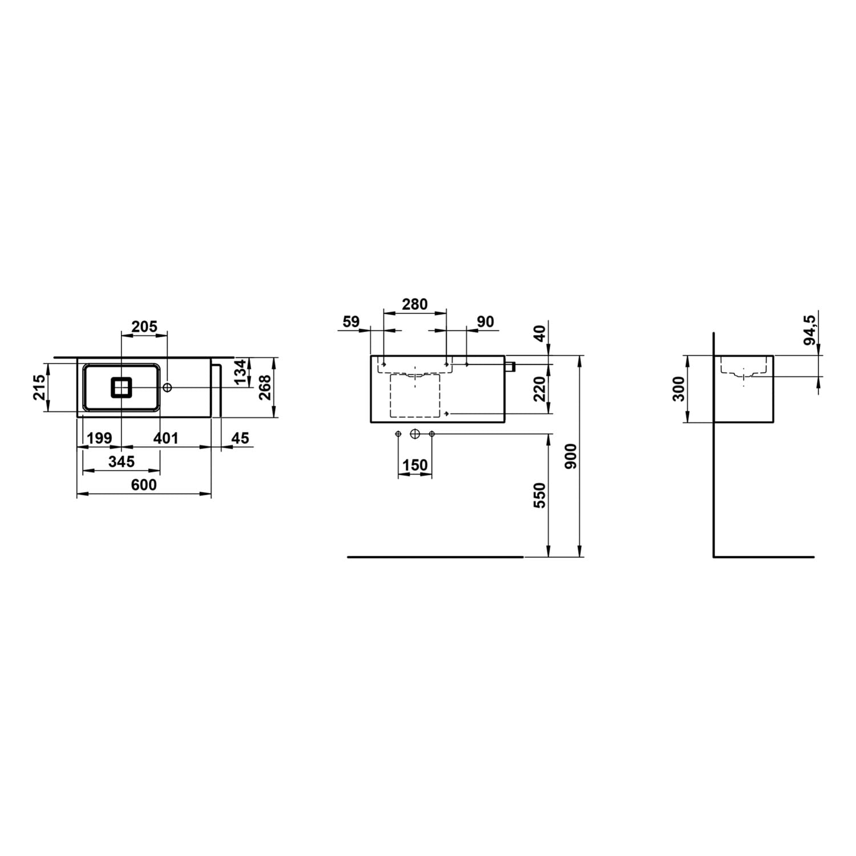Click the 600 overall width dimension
click(144, 484)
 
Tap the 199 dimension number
click(99, 438)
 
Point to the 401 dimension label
click(166, 438)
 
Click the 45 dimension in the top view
click(241, 438)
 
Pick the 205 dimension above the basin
click(144, 326)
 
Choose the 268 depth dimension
click(265, 387)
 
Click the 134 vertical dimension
click(240, 372)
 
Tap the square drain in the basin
click(122, 387)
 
